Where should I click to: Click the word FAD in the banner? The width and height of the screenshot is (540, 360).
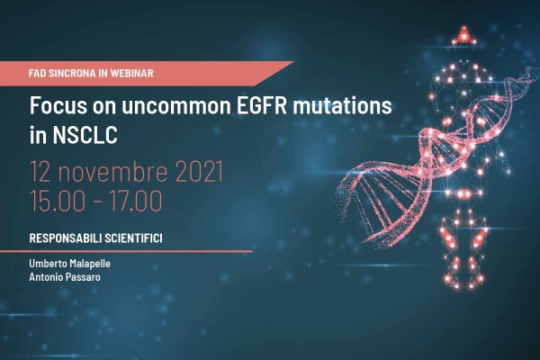point(38,73)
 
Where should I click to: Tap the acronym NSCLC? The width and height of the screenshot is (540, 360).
point(85,135)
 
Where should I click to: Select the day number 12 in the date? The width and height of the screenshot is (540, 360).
point(40,171)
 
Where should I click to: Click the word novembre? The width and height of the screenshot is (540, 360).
point(112,171)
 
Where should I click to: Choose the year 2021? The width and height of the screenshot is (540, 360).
point(199,171)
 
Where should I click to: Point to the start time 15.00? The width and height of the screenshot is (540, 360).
point(58,201)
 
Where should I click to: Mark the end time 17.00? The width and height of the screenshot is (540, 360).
point(135,201)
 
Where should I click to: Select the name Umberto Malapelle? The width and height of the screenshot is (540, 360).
point(70,264)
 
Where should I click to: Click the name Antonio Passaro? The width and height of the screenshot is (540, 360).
point(65,277)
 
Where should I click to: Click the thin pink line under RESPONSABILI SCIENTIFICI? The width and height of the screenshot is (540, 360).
point(126,251)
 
